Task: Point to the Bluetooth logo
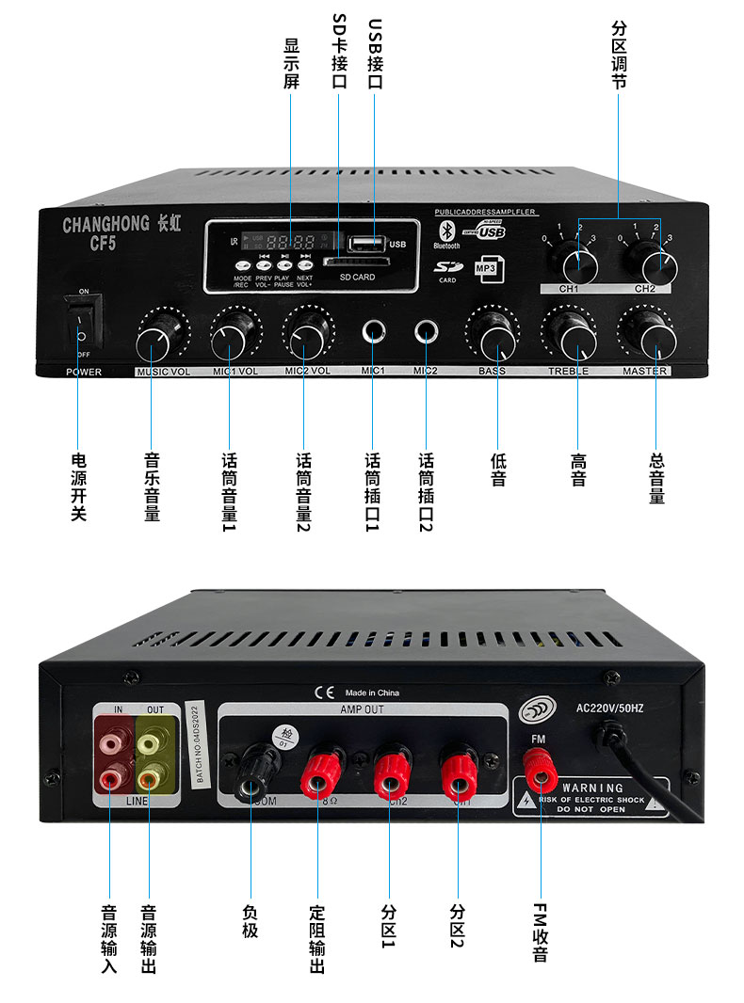click(445, 230)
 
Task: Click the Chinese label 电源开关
click(80, 487)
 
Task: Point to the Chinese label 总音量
click(656, 478)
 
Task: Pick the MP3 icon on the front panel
click(487, 268)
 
